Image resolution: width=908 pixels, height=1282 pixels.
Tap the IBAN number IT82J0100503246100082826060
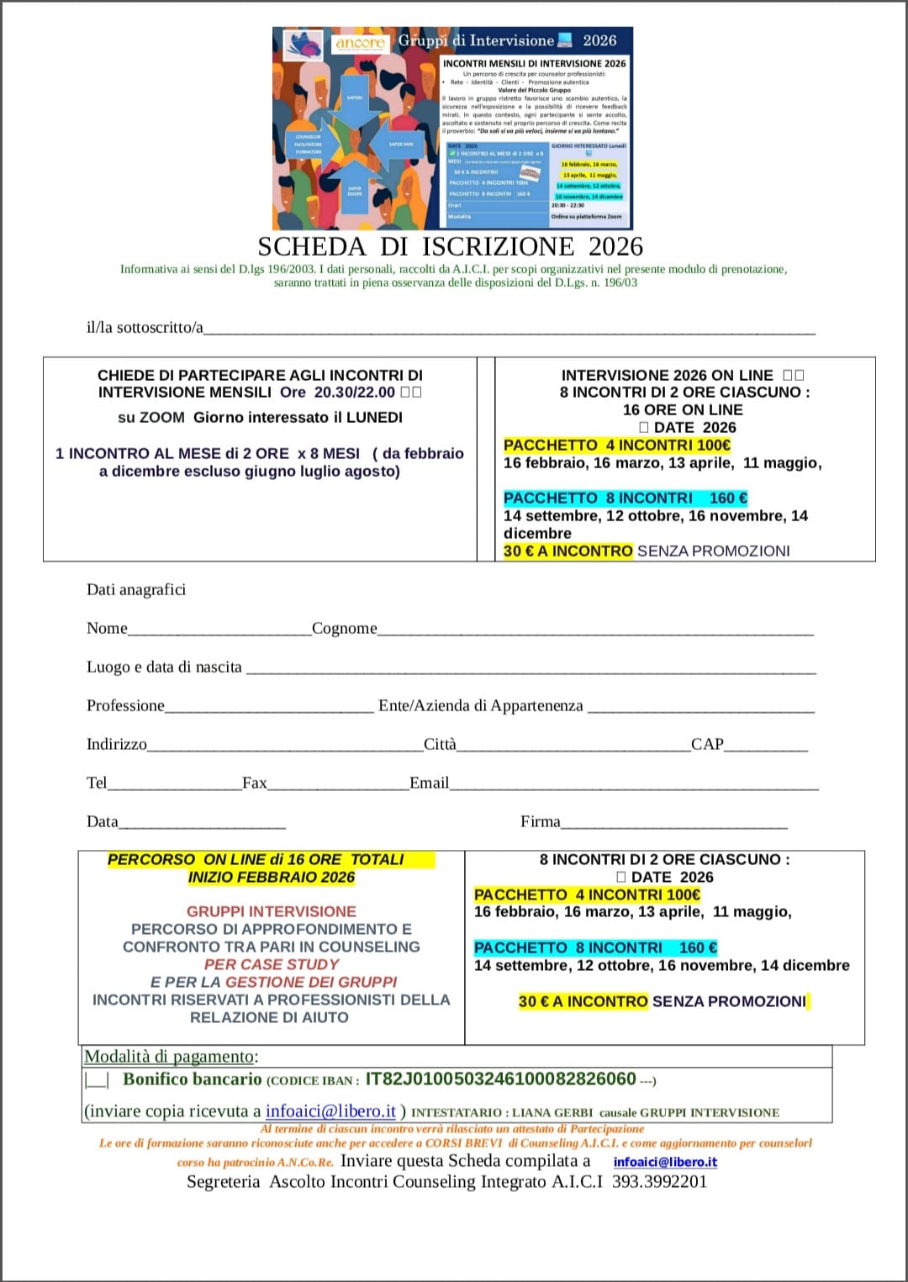[x=500, y=1079]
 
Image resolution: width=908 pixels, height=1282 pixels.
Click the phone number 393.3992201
[x=659, y=1181]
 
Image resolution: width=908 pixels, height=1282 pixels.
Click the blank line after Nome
[x=219, y=630]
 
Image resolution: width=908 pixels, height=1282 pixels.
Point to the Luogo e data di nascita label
[x=164, y=667]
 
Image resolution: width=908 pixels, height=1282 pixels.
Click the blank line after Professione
[x=269, y=708]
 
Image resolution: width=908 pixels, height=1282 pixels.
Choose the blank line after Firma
[x=673, y=824]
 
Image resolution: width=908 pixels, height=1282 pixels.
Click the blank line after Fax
[x=337, y=785]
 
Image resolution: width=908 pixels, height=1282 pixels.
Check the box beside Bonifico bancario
[x=97, y=1080]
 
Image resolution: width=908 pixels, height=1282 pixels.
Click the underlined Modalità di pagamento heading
[x=169, y=1056]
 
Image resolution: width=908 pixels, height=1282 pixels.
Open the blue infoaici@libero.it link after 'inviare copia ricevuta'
[x=330, y=1111]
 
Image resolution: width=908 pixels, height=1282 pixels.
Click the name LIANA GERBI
[x=552, y=1112]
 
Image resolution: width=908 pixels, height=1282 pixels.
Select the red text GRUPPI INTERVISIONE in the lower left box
[x=271, y=911]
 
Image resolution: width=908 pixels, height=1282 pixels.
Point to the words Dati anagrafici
[x=136, y=589]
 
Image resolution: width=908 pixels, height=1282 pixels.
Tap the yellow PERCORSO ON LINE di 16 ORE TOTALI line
[x=256, y=859]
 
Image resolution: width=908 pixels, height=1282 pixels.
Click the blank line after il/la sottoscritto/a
[x=509, y=330]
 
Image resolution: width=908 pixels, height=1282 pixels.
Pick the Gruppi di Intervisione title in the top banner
[x=476, y=40]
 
